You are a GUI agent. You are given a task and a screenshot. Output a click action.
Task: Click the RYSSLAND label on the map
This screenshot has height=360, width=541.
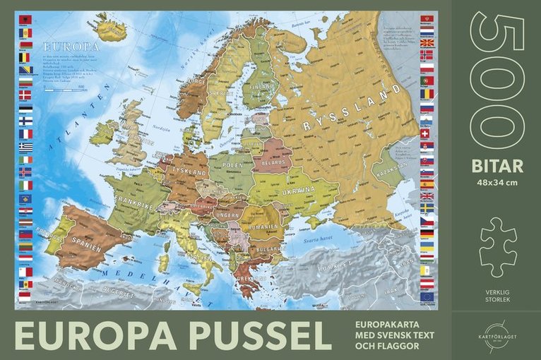pyautogui.click(x=347, y=112)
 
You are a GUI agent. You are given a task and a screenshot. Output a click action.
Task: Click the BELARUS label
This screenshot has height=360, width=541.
pyautogui.click(x=273, y=160)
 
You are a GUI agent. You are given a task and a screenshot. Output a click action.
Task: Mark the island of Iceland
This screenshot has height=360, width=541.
pyautogui.click(x=111, y=29)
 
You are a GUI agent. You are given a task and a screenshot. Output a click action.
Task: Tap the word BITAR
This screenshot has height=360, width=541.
pyautogui.click(x=497, y=167)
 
